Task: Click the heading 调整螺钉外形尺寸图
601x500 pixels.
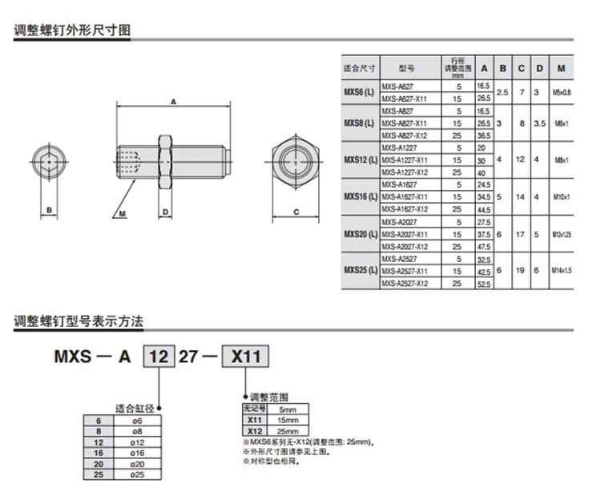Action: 72,31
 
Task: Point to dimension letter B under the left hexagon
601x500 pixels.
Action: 49,212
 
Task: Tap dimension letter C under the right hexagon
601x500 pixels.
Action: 296,212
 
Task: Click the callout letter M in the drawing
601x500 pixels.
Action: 123,215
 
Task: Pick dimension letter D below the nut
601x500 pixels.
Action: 165,212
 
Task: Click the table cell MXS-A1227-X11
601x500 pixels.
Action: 404,160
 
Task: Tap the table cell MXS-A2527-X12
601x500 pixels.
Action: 404,283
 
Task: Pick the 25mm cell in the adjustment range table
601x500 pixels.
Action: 285,430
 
